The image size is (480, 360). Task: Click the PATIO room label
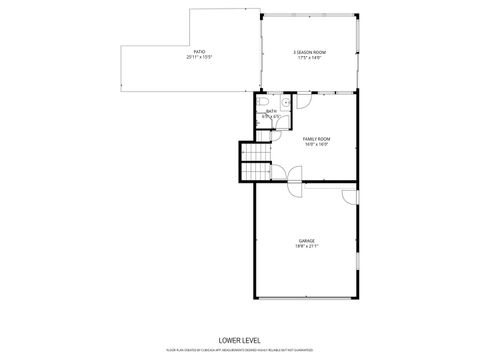(200, 51)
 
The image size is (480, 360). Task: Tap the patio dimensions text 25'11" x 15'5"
(200, 57)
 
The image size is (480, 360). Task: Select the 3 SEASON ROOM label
(309, 52)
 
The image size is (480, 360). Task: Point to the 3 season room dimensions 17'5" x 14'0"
(309, 58)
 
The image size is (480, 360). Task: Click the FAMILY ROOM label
(316, 138)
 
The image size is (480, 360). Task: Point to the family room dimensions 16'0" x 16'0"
(316, 144)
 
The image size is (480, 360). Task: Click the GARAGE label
(306, 241)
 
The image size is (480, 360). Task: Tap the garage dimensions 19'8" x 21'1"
(306, 247)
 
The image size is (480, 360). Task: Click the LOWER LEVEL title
(239, 340)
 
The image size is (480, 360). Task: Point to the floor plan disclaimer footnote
(239, 350)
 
